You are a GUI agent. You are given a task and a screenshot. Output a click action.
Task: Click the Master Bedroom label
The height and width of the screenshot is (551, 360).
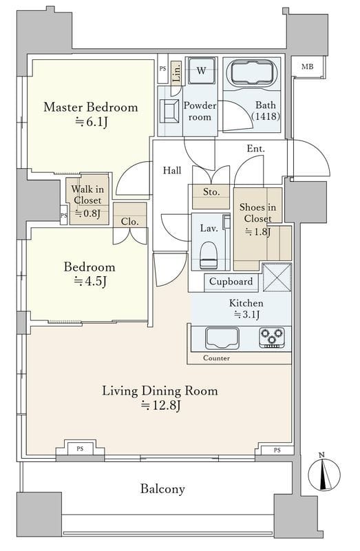click(91, 107)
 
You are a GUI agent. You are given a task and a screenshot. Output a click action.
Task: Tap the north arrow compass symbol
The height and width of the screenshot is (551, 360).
click(324, 472)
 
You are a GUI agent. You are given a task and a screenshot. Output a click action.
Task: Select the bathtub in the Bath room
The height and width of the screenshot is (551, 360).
click(252, 73)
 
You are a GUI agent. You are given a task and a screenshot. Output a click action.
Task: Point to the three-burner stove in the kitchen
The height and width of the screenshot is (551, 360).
click(272, 337)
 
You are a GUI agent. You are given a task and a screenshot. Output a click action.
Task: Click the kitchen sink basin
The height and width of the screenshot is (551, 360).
click(222, 337)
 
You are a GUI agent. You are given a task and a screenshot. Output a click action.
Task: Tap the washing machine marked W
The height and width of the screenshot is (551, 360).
click(201, 70)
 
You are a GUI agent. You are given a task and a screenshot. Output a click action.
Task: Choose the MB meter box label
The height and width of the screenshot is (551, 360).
click(308, 66)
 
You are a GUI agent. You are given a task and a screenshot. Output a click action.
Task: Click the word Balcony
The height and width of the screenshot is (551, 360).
click(162, 489)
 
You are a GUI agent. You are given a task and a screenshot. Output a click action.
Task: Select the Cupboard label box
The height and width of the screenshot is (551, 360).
click(231, 282)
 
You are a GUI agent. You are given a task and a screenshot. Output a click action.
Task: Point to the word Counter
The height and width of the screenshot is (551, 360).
click(216, 358)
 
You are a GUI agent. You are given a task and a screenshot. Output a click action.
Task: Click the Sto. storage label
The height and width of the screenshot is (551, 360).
click(211, 192)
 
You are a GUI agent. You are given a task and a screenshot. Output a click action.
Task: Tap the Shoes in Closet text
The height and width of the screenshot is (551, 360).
click(257, 213)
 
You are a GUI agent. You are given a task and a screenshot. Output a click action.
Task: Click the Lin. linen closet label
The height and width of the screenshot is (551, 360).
click(177, 73)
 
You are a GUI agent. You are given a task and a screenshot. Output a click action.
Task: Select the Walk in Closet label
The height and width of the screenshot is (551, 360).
click(87, 195)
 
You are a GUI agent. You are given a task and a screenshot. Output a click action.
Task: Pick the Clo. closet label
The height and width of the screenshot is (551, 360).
click(129, 221)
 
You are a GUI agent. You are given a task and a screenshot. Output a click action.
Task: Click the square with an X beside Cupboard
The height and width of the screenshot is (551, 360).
click(277, 278)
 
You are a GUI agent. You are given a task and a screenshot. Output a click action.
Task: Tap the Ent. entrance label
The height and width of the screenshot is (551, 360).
click(255, 149)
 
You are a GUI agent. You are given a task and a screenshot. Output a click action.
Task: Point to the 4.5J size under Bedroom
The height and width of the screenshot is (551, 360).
click(90, 281)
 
